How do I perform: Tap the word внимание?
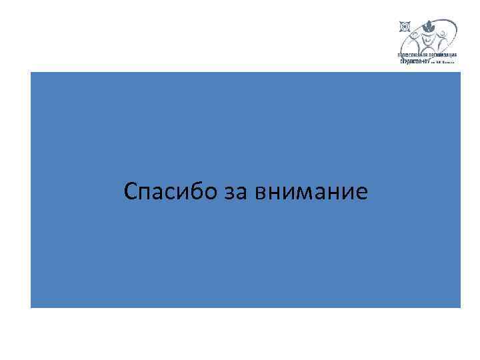(x=310, y=193)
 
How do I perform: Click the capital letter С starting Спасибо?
(x=131, y=192)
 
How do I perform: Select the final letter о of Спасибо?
(x=211, y=194)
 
